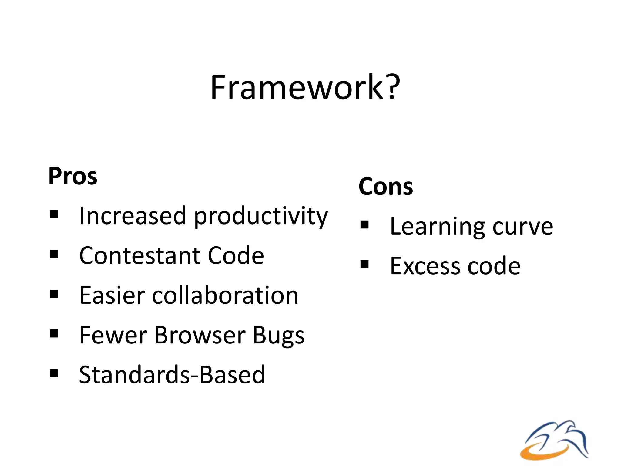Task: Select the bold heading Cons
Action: coord(385,186)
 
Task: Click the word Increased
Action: coord(133,216)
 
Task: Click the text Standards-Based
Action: coord(172,375)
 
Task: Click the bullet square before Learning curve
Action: coord(364,225)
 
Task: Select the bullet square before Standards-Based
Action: coord(54,373)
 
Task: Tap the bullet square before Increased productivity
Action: coord(54,214)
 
